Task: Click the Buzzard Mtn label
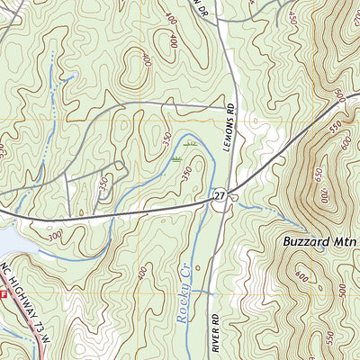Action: [309, 241]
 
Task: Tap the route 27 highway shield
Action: [220, 195]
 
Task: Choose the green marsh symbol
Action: [190, 143]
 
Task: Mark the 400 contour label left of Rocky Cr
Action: [144, 270]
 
